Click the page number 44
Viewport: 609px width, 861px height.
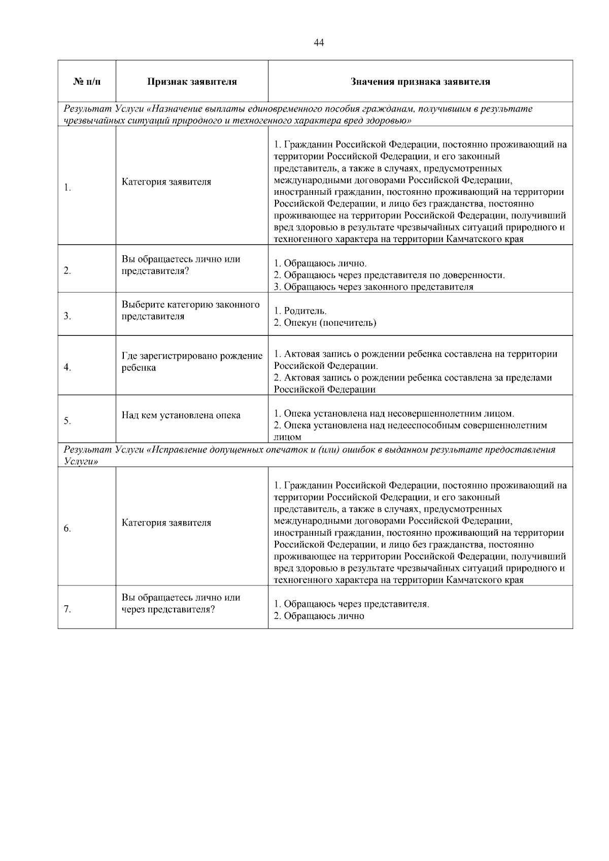[319, 43]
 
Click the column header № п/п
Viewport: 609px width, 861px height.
[87, 82]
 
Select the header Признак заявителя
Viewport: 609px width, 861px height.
[192, 82]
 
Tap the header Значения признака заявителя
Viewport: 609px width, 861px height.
[420, 82]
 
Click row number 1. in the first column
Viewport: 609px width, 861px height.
[67, 188]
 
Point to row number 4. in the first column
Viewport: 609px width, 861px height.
[67, 368]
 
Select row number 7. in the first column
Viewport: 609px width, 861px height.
[67, 610]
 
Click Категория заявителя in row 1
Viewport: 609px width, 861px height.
[166, 182]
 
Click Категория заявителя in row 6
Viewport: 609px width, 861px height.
[166, 523]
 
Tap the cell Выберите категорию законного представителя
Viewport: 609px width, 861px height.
[190, 311]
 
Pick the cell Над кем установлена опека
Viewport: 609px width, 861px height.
[181, 415]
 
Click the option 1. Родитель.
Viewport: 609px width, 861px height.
[300, 311]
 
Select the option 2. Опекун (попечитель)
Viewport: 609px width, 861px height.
[325, 323]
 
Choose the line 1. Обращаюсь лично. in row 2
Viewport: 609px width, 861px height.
[320, 264]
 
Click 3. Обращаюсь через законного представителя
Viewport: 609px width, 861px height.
[374, 287]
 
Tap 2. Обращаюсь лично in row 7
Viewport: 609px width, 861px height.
[319, 616]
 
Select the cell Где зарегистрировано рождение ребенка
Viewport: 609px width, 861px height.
[192, 362]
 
